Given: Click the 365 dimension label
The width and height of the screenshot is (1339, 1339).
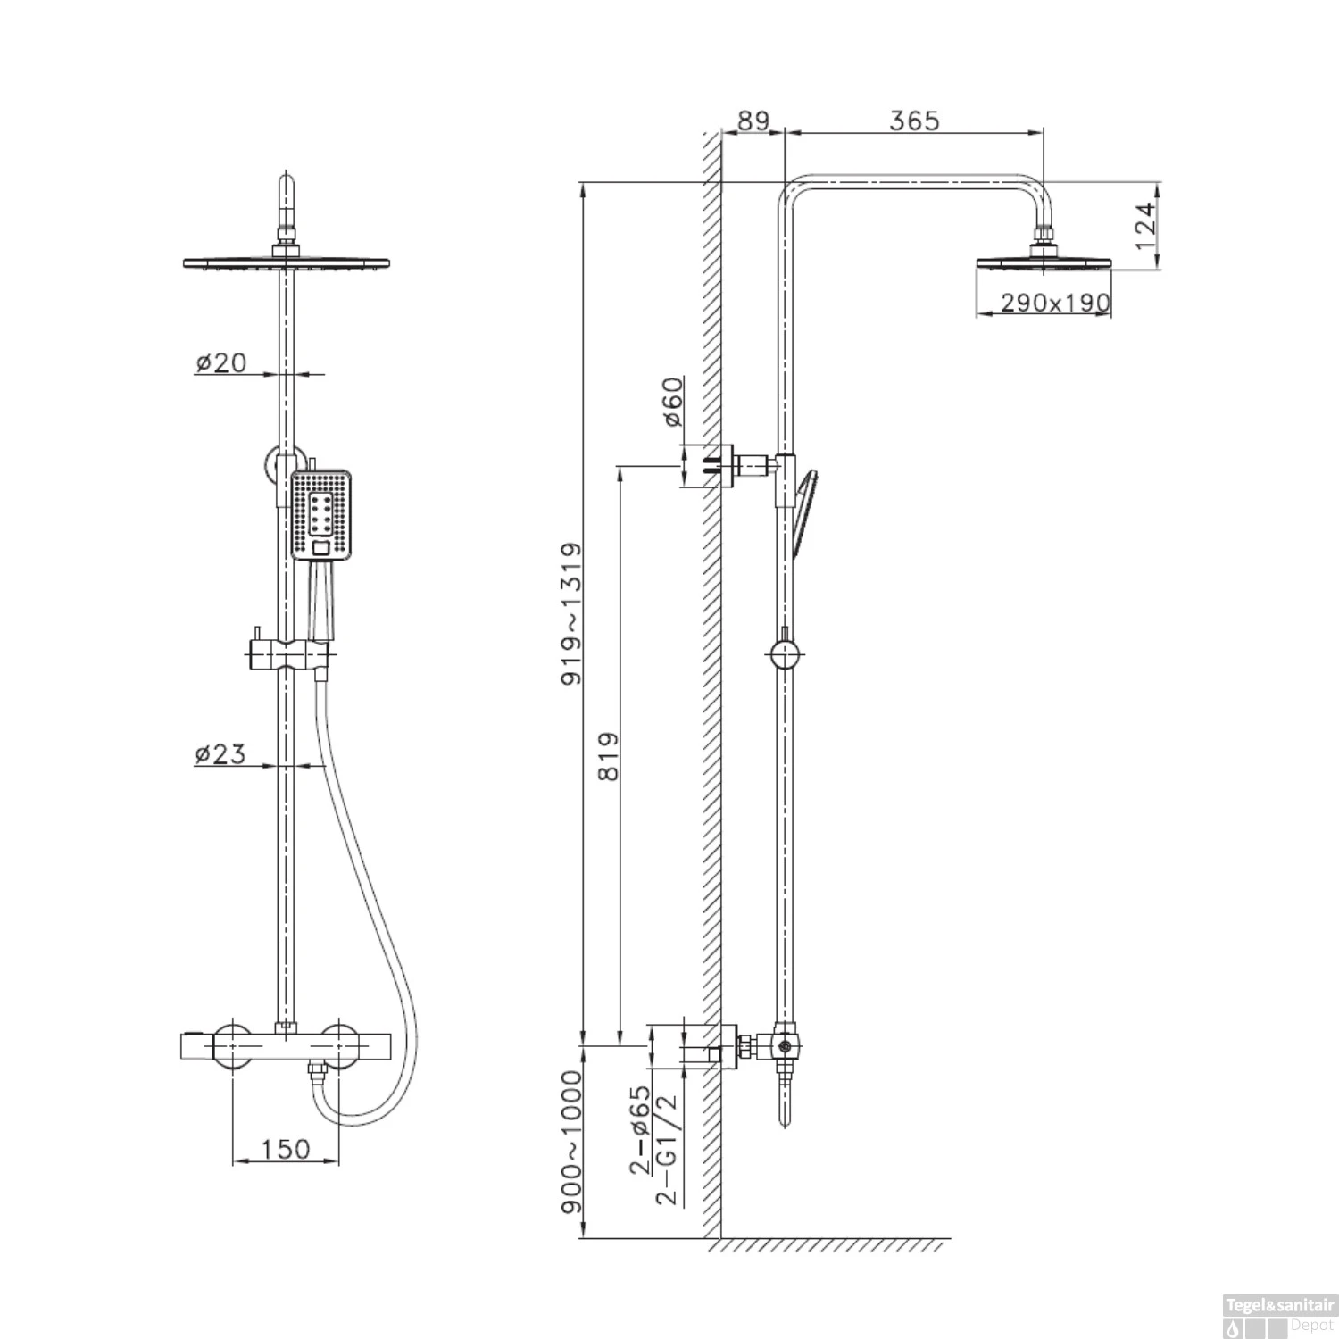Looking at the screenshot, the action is coord(914,121).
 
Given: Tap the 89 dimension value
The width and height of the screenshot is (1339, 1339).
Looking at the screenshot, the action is coord(753,121).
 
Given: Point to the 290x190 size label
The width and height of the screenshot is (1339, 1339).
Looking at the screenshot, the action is coord(1054,303).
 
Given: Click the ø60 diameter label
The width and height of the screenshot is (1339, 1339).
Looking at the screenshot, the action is coord(672,403).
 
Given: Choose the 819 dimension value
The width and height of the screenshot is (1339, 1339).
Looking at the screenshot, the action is coord(608,757).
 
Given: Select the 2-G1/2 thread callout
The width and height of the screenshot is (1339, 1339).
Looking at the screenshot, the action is coord(667,1152).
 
